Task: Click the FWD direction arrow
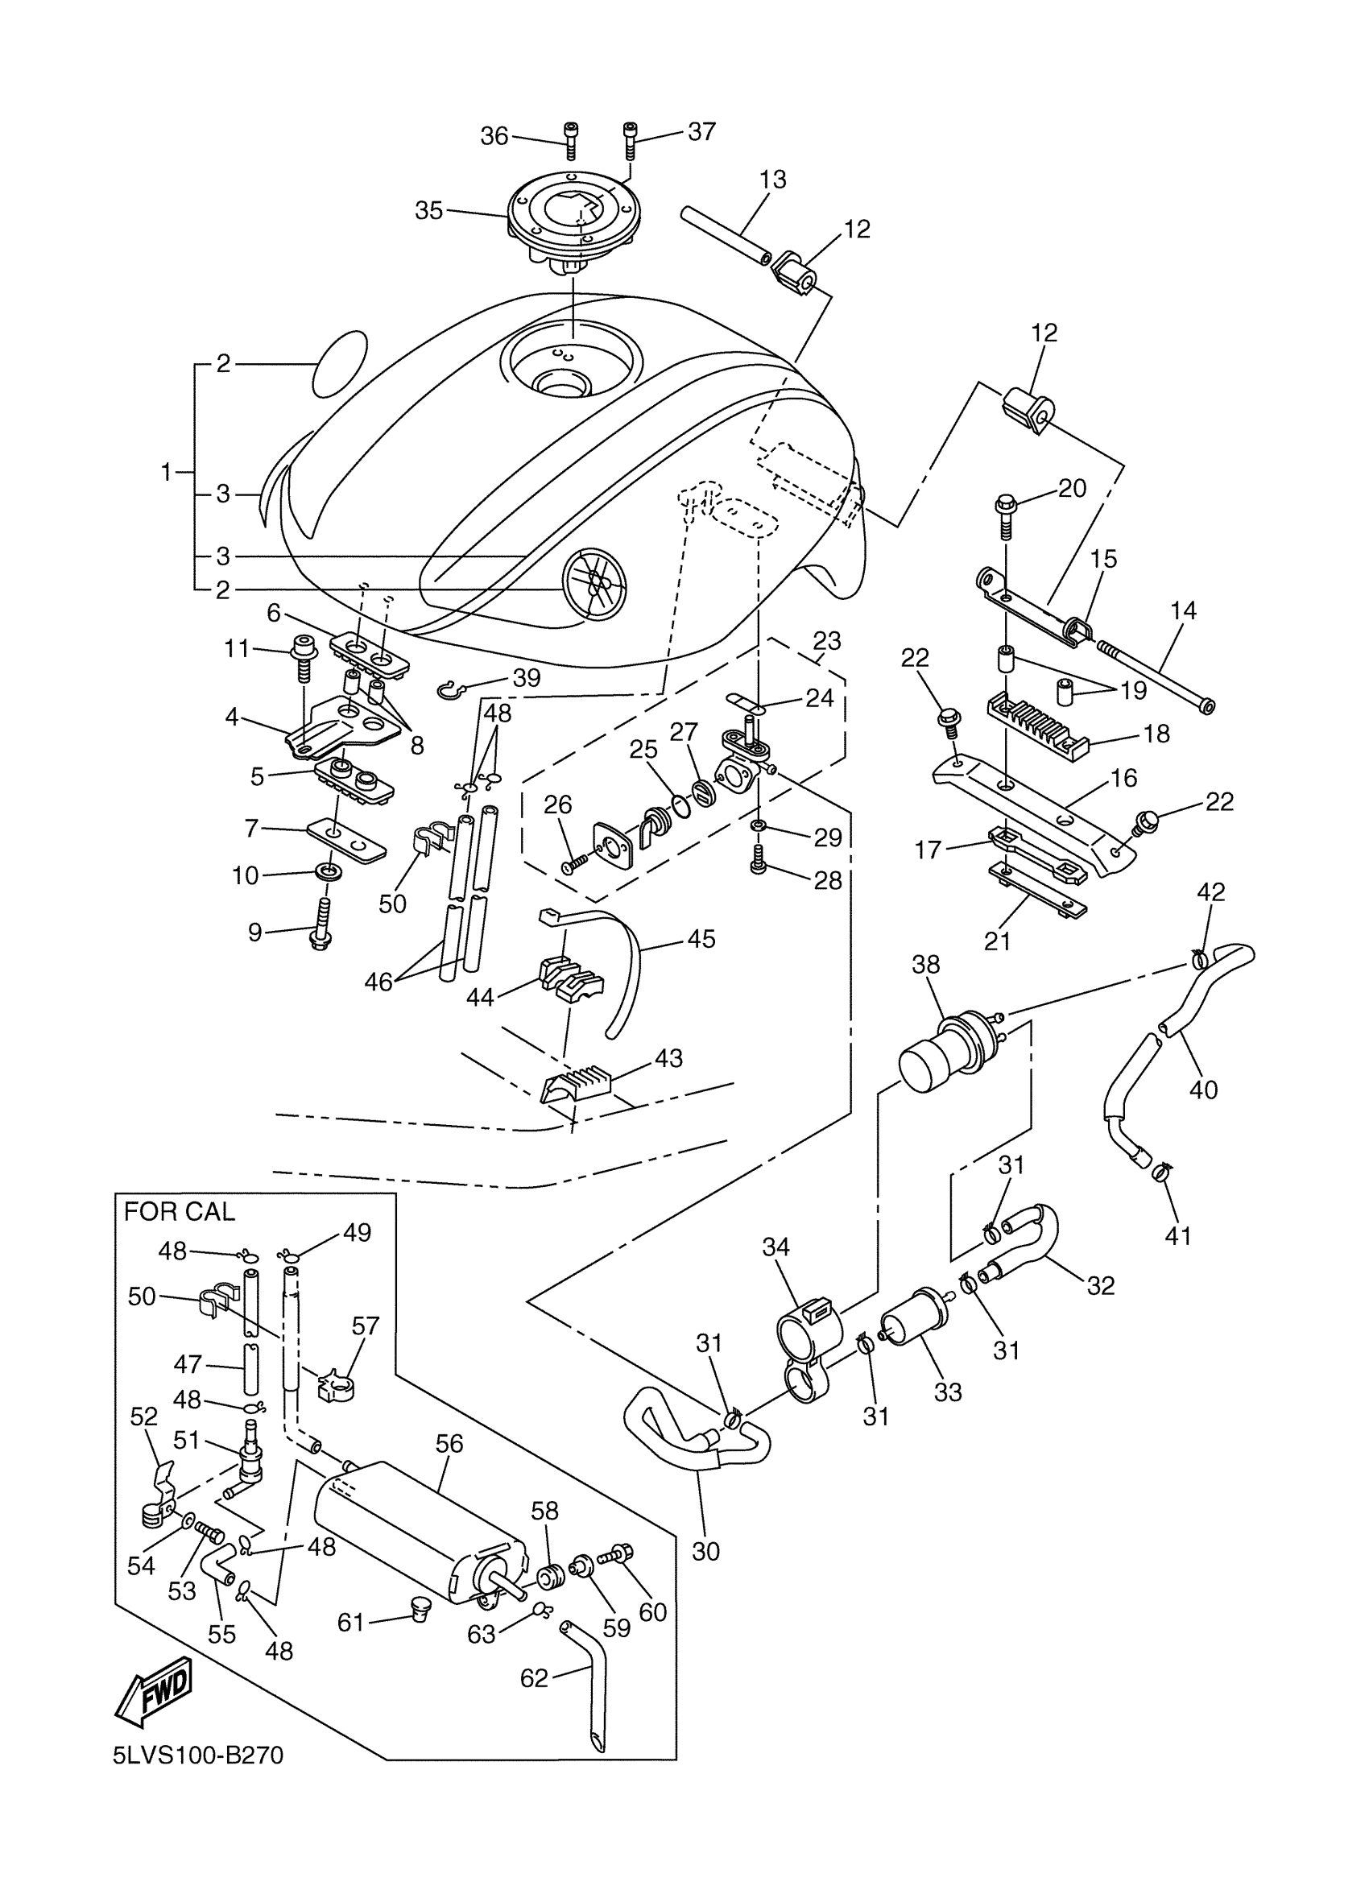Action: click(154, 1691)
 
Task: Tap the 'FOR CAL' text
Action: click(179, 1212)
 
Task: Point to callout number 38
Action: click(925, 964)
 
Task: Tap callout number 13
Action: click(772, 179)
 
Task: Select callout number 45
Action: click(701, 938)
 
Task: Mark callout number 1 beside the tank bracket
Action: click(165, 473)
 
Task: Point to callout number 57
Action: click(365, 1325)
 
